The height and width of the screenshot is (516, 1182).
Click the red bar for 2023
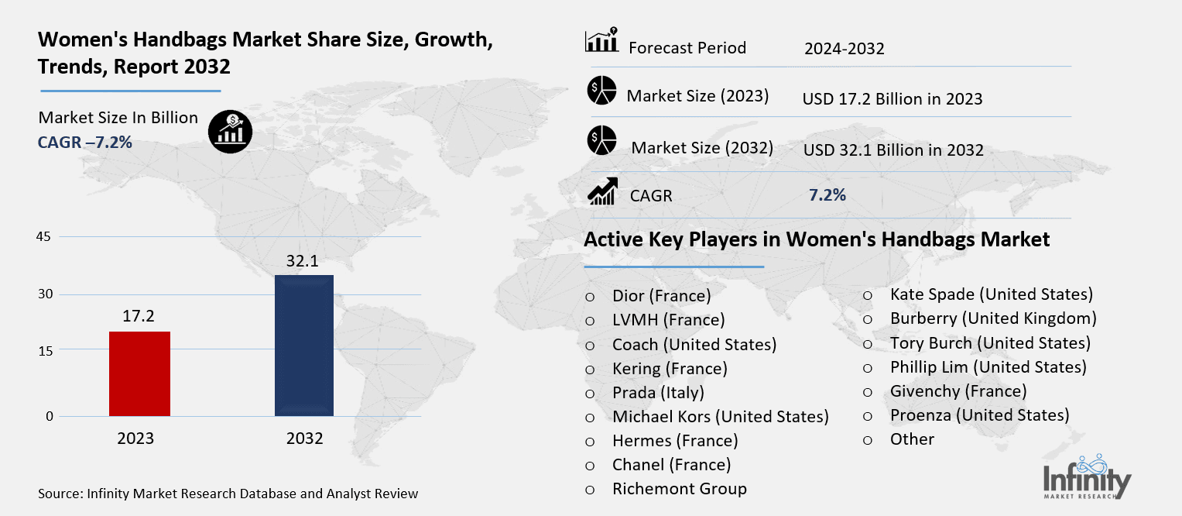tap(139, 373)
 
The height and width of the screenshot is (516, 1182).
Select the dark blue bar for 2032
tap(304, 346)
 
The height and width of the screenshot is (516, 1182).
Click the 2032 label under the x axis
tap(304, 439)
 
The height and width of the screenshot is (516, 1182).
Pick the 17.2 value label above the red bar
tap(139, 317)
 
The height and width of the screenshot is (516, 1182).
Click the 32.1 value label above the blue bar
tap(304, 261)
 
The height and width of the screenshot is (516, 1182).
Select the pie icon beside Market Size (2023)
tap(601, 91)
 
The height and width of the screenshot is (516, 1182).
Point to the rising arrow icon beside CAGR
tap(601, 191)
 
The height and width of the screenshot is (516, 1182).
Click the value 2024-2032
tap(844, 49)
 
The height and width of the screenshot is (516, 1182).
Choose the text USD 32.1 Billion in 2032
tap(892, 150)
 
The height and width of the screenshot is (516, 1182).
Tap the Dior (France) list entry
tap(661, 295)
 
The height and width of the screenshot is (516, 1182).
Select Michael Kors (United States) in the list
tap(720, 417)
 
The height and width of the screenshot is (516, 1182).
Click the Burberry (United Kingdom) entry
tap(993, 318)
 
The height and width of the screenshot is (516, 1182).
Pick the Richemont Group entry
tap(679, 489)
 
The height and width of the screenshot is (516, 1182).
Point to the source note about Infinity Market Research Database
tap(228, 494)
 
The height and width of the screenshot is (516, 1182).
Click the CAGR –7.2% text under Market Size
tap(85, 143)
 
